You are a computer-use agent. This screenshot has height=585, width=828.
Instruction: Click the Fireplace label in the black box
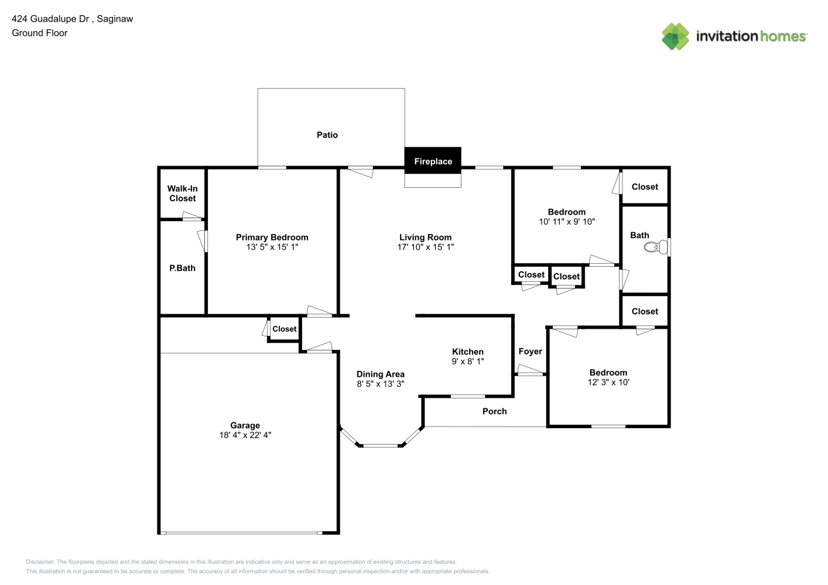click(433, 161)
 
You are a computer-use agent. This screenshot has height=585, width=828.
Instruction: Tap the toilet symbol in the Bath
click(656, 247)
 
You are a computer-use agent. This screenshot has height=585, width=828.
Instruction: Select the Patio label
click(327, 135)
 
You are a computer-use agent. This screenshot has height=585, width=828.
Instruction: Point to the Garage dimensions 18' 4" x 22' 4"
click(245, 435)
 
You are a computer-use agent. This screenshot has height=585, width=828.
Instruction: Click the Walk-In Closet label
click(183, 193)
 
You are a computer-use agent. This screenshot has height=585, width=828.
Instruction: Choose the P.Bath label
click(182, 268)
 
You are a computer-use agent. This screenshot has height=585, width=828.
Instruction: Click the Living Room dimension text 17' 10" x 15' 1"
click(426, 247)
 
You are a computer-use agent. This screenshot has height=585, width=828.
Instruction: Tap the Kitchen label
click(468, 352)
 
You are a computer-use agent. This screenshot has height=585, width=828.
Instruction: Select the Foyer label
click(530, 351)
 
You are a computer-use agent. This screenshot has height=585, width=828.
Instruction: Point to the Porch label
click(495, 411)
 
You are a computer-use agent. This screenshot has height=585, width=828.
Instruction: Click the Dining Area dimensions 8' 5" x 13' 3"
click(381, 384)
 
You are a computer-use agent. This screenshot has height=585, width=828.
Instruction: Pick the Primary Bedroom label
click(272, 237)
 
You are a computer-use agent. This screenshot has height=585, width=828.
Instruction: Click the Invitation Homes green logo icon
click(675, 36)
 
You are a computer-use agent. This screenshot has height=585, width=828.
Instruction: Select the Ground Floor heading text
click(40, 33)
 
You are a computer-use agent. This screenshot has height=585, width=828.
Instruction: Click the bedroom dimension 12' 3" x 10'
click(608, 382)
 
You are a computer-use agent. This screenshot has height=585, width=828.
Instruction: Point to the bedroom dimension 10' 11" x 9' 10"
click(567, 222)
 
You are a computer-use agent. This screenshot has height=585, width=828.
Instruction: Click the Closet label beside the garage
click(284, 329)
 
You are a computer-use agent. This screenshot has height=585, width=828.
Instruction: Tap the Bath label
click(639, 235)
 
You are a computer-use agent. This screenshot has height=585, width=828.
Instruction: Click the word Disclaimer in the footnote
click(40, 562)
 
